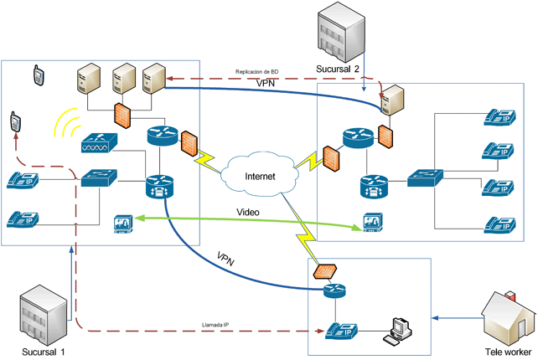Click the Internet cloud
259,176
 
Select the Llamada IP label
216,324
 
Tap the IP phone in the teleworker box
341,329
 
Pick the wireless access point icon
101,144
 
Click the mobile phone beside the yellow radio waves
15,122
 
